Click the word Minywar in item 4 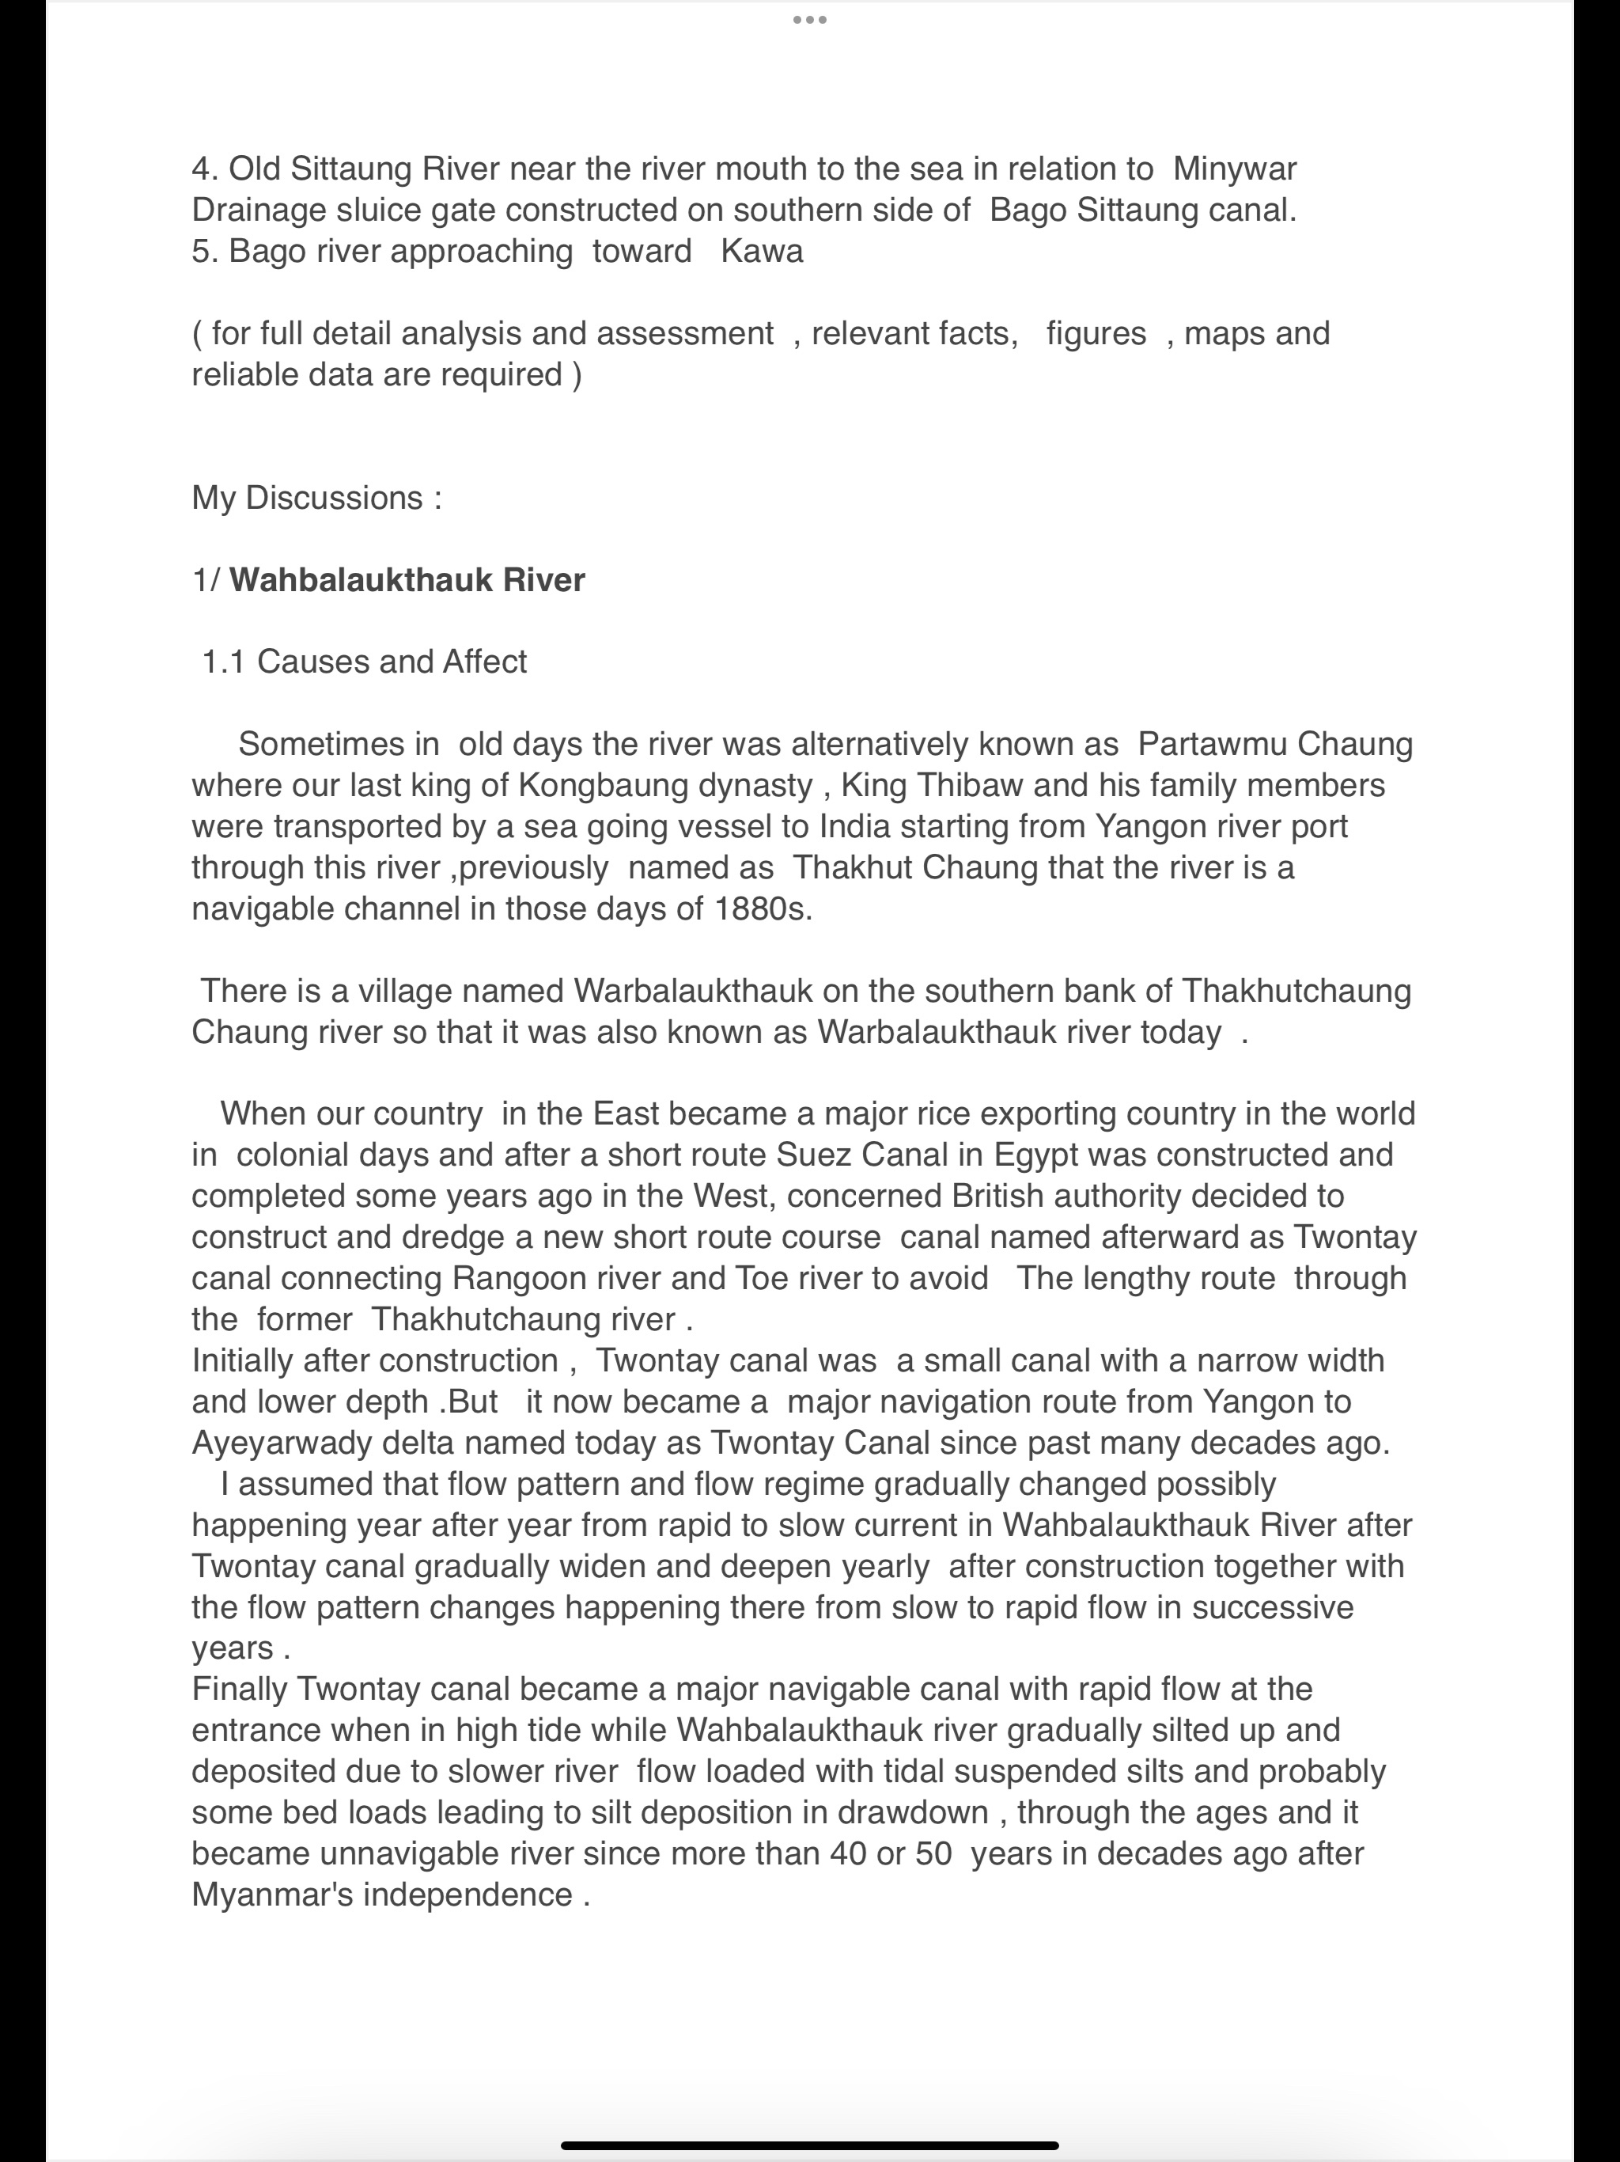(1234, 169)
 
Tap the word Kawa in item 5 (761, 251)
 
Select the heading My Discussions (316, 498)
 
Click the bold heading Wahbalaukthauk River (407, 579)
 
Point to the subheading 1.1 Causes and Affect (364, 662)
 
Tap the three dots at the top (810, 20)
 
